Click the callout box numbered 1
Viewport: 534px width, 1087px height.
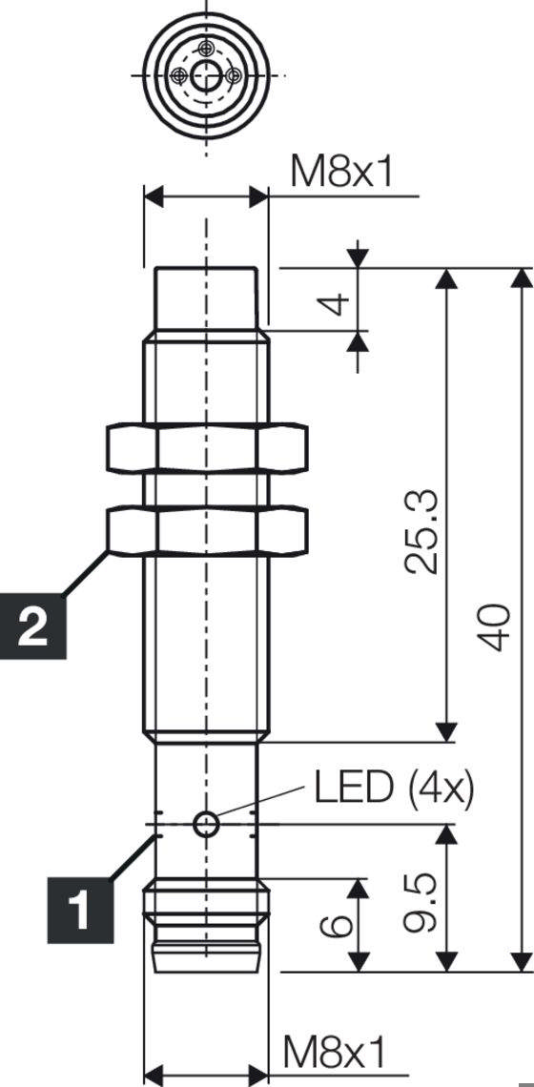81,908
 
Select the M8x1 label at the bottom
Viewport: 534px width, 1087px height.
336,1053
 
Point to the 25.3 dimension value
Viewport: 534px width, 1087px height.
421,531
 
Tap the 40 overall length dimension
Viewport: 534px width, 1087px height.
494,626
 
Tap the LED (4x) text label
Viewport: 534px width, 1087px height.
393,788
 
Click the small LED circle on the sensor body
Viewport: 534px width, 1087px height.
206,824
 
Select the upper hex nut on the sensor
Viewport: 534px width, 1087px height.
206,448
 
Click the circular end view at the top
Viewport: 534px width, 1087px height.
206,74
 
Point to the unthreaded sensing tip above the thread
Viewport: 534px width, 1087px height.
206,298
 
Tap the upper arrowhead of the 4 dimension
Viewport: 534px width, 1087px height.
358,257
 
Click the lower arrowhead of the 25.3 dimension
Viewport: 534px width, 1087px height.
445,731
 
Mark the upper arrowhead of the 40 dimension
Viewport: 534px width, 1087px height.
521,278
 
